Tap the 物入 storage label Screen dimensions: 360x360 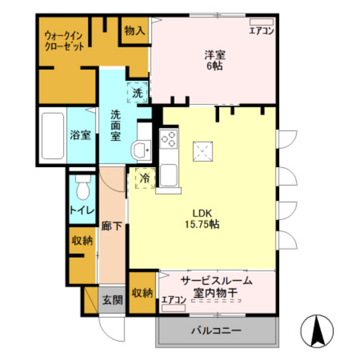click(x=134, y=30)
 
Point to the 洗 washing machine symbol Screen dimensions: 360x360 click(x=137, y=93)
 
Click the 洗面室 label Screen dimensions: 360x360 click(x=116, y=125)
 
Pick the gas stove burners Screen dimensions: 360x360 click(x=168, y=138)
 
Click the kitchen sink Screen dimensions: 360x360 click(x=169, y=174)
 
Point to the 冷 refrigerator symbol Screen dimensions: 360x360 click(x=145, y=178)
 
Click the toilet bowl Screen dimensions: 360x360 click(x=82, y=188)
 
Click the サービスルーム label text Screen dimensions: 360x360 click(x=216, y=281)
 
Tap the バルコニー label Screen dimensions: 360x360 click(x=216, y=332)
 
